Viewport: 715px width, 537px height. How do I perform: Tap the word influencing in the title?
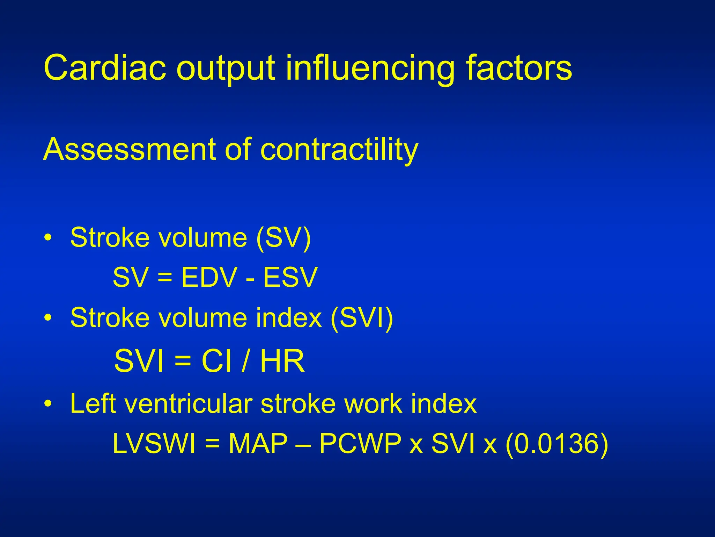pyautogui.click(x=370, y=68)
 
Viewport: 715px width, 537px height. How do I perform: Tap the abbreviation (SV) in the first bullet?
pyautogui.click(x=283, y=238)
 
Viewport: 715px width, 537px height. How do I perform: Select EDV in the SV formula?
pyautogui.click(x=209, y=278)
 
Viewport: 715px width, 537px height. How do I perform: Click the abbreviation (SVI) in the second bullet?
pyautogui.click(x=362, y=318)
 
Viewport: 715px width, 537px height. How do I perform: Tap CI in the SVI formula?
pyautogui.click(x=216, y=361)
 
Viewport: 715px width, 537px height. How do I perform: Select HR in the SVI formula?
pyautogui.click(x=282, y=361)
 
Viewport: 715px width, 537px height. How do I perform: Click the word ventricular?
pyautogui.click(x=189, y=404)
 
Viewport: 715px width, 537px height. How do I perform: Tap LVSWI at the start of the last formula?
pyautogui.click(x=154, y=444)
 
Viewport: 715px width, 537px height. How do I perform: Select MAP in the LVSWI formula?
pyautogui.click(x=258, y=444)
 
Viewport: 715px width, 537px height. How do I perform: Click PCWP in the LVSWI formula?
pyautogui.click(x=360, y=444)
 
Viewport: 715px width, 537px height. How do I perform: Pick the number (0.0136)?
pyautogui.click(x=557, y=444)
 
